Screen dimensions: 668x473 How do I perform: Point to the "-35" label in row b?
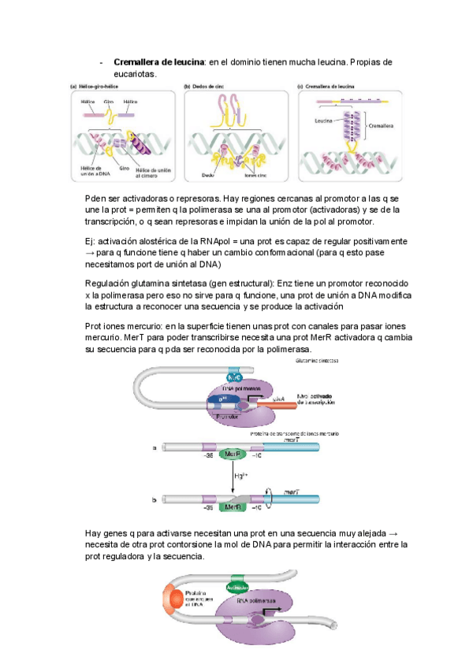[208, 509]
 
